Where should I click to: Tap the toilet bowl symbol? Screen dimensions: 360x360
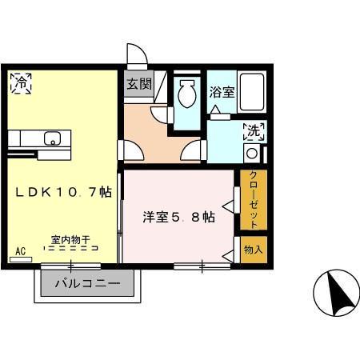click(187, 94)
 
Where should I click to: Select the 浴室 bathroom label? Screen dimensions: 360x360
click(222, 91)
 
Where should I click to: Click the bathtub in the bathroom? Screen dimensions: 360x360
click(253, 93)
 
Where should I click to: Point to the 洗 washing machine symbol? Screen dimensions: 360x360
click(254, 130)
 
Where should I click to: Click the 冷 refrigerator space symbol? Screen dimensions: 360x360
click(22, 82)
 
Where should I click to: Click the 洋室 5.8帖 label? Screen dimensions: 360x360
click(178, 216)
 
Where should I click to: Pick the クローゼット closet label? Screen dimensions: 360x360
click(253, 200)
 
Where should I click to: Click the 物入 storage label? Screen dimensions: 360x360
click(253, 250)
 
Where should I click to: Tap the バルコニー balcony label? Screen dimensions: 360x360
click(87, 284)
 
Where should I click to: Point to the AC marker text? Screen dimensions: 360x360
click(21, 252)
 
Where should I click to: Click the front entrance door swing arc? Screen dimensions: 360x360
click(138, 54)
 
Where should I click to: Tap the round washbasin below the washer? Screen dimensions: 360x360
click(252, 153)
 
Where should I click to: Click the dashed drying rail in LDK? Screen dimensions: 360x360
click(70, 249)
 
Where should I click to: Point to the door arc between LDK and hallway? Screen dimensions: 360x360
click(130, 150)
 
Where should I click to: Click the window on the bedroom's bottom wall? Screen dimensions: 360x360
click(202, 265)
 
